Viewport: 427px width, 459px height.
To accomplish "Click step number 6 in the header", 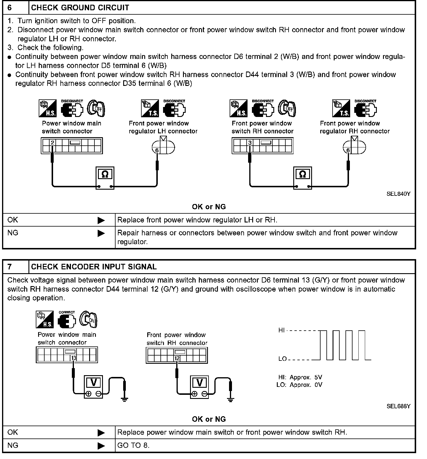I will coord(10,8).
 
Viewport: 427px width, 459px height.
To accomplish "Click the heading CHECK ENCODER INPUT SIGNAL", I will coord(94,267).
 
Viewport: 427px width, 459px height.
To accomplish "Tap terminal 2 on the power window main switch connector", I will coord(52,143).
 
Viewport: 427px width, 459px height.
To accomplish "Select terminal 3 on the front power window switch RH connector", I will coord(250,143).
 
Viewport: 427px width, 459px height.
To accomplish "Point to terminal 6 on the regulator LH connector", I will coord(157,150).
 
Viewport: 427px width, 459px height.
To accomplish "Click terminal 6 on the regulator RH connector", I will coord(348,150).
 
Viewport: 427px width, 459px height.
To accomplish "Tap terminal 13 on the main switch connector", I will coord(74,358).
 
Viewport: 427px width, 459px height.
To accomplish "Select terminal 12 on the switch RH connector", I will coord(177,358).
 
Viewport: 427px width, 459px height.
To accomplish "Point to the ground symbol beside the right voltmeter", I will coord(231,399).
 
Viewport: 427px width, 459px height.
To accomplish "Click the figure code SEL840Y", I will coord(398,194).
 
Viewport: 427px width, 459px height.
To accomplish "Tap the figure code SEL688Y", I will coord(398,406).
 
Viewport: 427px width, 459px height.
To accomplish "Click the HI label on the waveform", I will coord(281,330).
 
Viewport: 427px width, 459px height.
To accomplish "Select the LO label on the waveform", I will coord(282,359).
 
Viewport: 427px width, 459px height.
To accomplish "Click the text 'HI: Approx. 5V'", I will coord(300,377).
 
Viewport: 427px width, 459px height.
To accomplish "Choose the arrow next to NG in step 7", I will coord(101,446).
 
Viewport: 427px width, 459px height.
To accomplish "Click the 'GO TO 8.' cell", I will coord(133,446).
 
